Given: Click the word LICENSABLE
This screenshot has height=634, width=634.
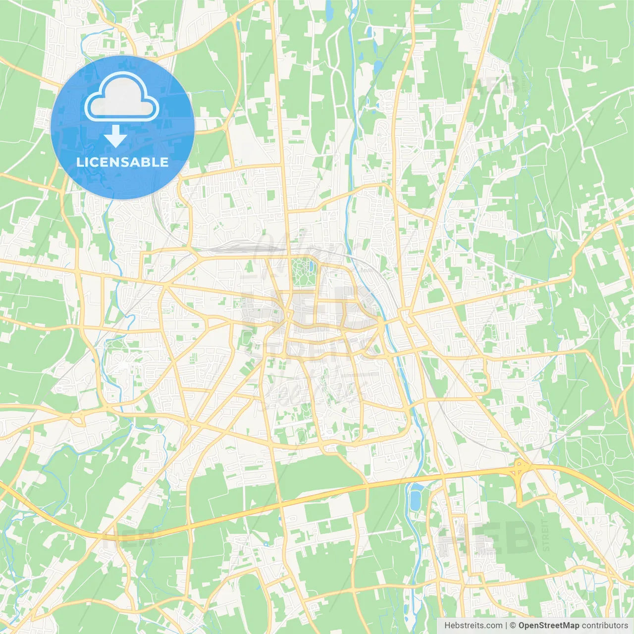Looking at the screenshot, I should [122, 162].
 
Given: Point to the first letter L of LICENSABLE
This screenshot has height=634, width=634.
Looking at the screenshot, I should [80, 162].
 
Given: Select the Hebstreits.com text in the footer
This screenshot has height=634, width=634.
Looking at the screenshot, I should [474, 626].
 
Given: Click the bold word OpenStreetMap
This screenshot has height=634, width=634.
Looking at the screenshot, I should [549, 626].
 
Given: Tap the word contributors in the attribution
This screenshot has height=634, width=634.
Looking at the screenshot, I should [605, 626].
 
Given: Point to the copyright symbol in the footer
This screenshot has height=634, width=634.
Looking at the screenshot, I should [513, 626].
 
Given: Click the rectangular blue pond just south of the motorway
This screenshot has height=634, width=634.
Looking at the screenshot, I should [415, 496].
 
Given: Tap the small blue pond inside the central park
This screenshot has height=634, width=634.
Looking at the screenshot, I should [311, 267].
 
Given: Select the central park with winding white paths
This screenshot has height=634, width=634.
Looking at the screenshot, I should [303, 271].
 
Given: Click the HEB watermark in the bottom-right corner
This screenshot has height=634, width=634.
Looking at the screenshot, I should [488, 537].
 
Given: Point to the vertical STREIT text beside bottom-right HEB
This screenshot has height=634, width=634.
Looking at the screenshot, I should [546, 535].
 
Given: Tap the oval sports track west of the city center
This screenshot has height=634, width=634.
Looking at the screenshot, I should [247, 339].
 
